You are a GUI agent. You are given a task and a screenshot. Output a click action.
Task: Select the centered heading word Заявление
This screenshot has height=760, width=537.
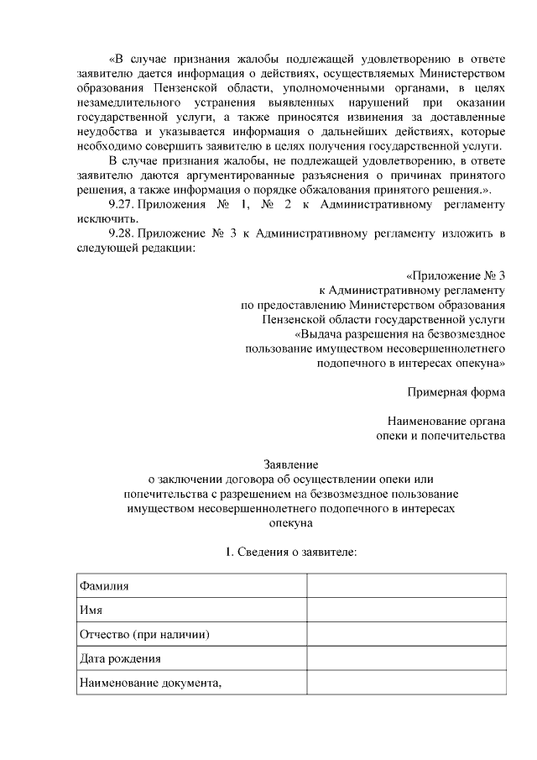point(290,464)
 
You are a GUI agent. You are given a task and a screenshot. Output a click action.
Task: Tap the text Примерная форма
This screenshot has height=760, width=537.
point(456,391)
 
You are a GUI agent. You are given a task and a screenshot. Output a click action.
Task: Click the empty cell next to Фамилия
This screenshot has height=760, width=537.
point(406,585)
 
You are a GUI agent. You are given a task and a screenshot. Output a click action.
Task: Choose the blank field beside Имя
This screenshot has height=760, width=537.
point(406,610)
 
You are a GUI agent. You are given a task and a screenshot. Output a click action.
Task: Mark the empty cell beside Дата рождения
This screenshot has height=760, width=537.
point(406,658)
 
